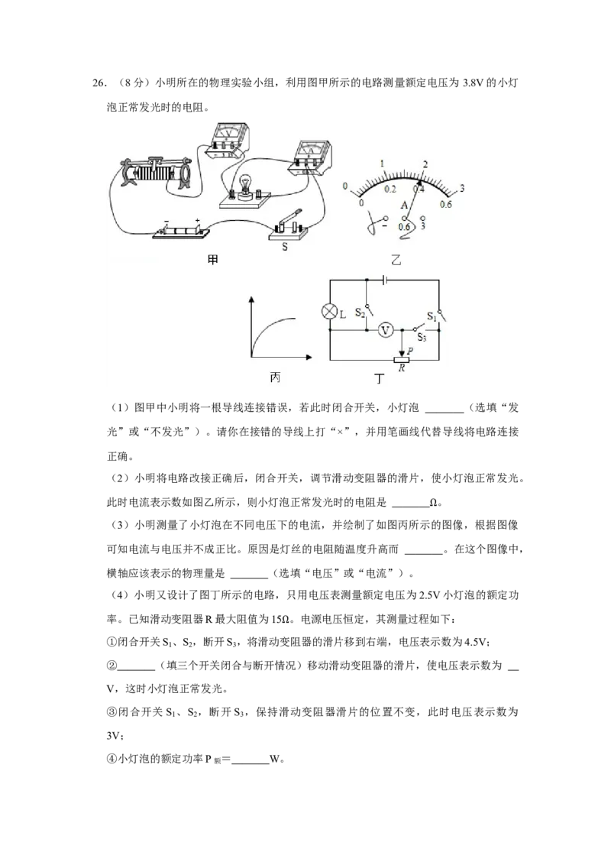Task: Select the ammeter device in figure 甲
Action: [x=311, y=156]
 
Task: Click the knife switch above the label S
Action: [x=286, y=227]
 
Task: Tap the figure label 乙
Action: [x=396, y=260]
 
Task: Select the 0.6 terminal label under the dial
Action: [x=404, y=227]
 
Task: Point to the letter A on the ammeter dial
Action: [x=404, y=206]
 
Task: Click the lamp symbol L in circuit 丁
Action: [x=329, y=312]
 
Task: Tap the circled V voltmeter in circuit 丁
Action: [x=386, y=330]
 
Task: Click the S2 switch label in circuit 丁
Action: [x=360, y=313]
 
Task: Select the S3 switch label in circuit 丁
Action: [x=422, y=337]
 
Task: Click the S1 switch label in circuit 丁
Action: [x=432, y=316]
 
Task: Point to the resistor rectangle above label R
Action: [x=402, y=359]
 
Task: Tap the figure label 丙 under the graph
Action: [x=275, y=377]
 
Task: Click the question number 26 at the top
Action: [x=99, y=83]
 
